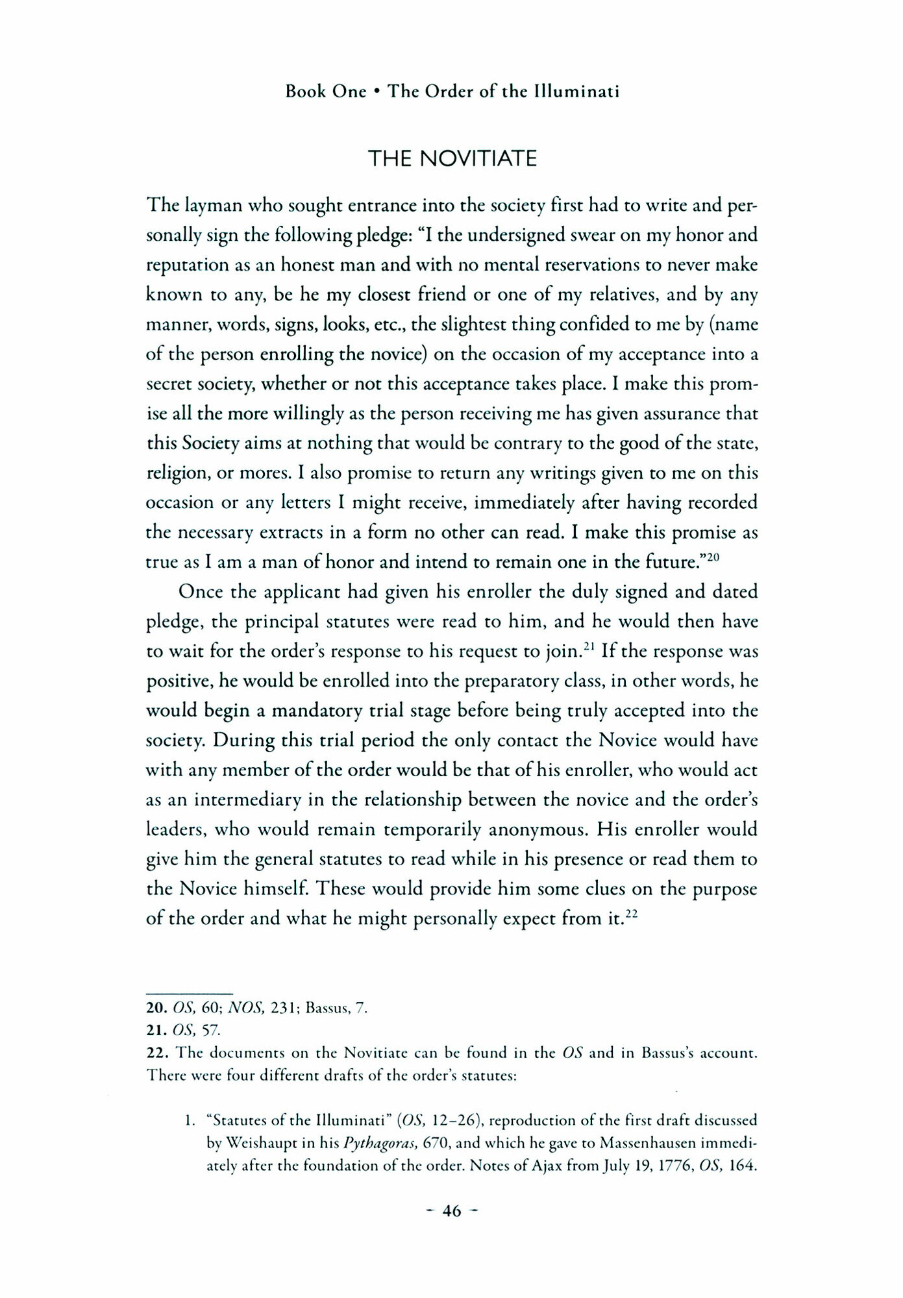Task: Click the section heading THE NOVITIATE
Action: click(x=452, y=158)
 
